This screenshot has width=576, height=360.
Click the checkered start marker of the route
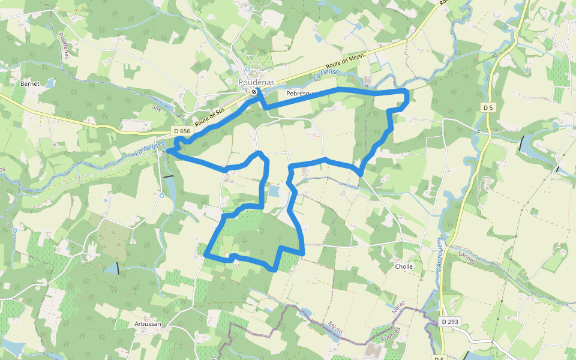pyautogui.click(x=254, y=92)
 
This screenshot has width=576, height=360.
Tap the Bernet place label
pyautogui.click(x=29, y=83)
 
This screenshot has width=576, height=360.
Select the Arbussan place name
pyautogui.click(x=147, y=323)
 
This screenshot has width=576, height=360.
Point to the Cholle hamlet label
pyautogui.click(x=404, y=266)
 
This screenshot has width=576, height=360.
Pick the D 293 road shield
pyautogui.click(x=449, y=322)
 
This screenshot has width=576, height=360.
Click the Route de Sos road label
pyautogui.click(x=209, y=113)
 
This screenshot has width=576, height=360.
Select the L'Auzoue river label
pyautogui.click(x=440, y=259)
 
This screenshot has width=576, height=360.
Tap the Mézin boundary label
pyautogui.click(x=335, y=328)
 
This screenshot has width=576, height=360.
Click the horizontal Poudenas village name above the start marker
pyautogui.click(x=256, y=82)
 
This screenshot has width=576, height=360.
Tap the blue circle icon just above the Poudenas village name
pyautogui.click(x=247, y=69)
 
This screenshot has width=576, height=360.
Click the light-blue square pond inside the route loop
pyautogui.click(x=274, y=191)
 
